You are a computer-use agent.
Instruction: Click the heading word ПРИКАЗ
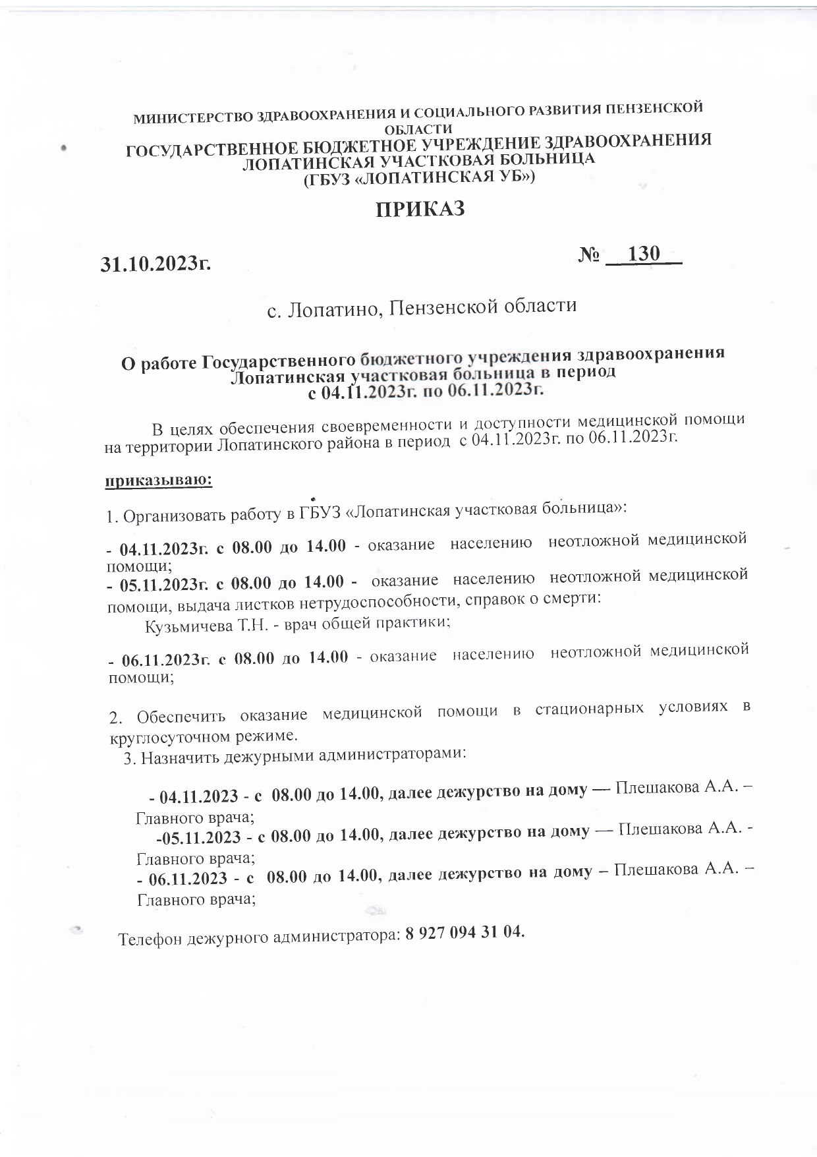[x=420, y=210]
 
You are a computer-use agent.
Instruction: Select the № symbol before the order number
[x=589, y=256]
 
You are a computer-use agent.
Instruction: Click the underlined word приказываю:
[x=159, y=481]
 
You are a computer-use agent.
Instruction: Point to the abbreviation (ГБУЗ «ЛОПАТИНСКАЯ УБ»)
[x=418, y=177]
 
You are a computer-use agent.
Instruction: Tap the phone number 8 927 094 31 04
[x=465, y=932]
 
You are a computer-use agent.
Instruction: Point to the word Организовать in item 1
[x=168, y=516]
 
